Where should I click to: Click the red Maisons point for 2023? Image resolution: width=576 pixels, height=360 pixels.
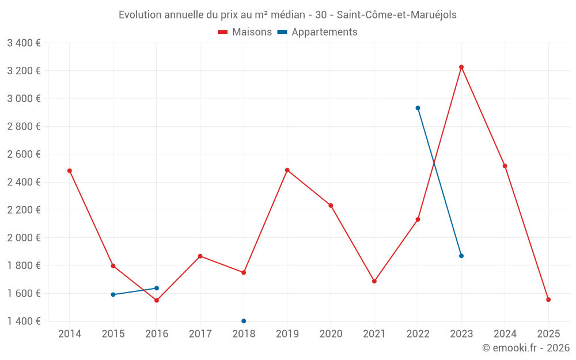[461, 67]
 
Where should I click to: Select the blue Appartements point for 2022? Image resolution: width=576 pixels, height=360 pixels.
[418, 108]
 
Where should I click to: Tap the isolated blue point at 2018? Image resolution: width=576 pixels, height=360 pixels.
[244, 321]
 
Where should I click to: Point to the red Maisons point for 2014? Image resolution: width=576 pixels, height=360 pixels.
[70, 170]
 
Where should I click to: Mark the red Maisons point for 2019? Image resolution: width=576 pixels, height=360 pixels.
[287, 170]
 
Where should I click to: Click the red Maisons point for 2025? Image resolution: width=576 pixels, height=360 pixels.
[548, 300]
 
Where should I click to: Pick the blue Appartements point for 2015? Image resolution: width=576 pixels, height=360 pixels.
[113, 294]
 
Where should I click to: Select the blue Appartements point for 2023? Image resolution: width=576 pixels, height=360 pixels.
[461, 256]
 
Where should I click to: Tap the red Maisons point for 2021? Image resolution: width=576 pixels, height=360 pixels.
[374, 281]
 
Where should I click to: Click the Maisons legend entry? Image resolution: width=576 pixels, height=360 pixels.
[245, 32]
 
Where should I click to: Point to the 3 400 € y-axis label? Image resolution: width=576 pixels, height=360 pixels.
[24, 43]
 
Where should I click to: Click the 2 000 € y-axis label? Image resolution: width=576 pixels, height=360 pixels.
[24, 237]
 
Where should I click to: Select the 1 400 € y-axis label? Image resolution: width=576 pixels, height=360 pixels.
[24, 321]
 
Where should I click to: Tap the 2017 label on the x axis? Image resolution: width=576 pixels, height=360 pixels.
[200, 334]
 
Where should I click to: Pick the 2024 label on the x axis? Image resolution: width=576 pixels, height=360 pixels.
[505, 334]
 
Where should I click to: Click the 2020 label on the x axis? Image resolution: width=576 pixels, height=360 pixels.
[331, 334]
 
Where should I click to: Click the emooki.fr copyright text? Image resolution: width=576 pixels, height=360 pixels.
[525, 348]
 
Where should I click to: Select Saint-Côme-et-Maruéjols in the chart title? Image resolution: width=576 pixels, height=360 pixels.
[397, 15]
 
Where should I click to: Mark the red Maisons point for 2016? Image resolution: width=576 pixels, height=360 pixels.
[157, 300]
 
